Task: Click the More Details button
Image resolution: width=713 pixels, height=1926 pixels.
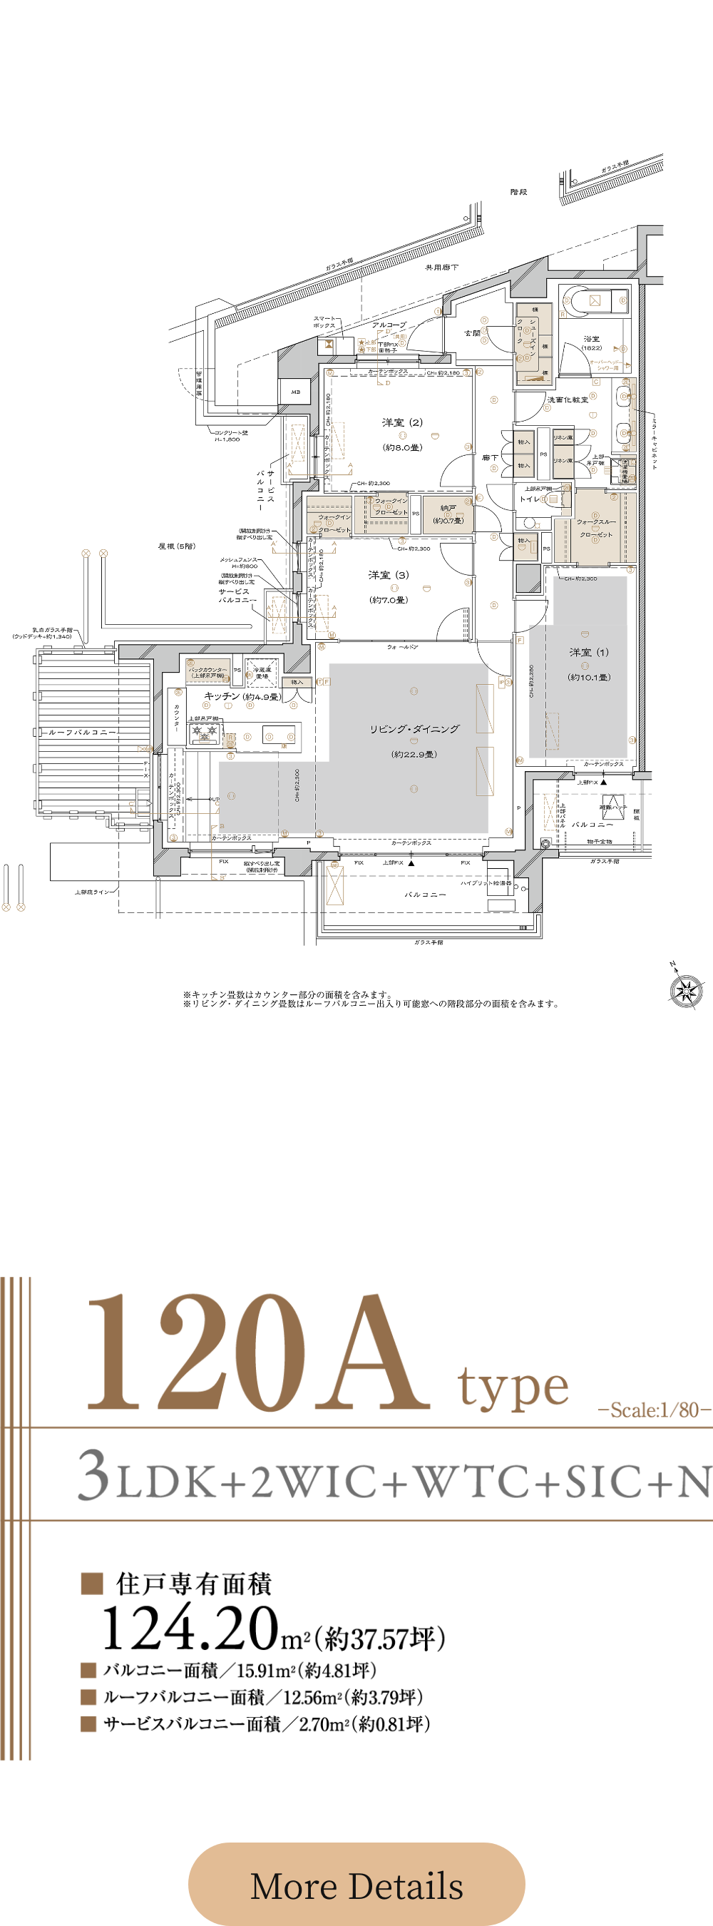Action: point(356,1885)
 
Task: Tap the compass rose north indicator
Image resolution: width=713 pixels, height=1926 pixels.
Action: point(685,990)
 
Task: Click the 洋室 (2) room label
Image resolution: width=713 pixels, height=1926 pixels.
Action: point(402,423)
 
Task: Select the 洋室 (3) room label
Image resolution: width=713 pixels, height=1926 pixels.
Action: point(389,575)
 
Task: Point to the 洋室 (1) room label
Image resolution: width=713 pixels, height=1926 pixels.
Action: point(589,653)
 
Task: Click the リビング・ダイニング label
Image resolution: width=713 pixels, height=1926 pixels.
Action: point(414,729)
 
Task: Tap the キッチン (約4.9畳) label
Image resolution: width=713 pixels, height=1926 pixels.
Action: point(242,696)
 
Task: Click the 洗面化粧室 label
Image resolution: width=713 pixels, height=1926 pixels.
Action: point(568,400)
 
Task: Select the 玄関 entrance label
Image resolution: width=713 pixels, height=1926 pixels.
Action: point(472,333)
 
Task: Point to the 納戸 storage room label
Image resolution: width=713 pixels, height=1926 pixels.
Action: point(448,509)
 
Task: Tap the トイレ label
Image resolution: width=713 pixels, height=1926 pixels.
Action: point(529,499)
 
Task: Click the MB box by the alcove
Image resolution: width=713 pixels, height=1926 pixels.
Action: point(295,392)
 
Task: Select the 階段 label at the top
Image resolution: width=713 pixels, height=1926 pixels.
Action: point(518,192)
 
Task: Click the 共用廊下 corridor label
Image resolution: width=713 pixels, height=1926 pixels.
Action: point(441,267)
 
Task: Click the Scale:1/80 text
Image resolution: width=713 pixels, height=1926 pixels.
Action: point(654,1410)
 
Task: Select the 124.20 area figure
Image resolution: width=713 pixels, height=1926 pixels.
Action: point(190,1629)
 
